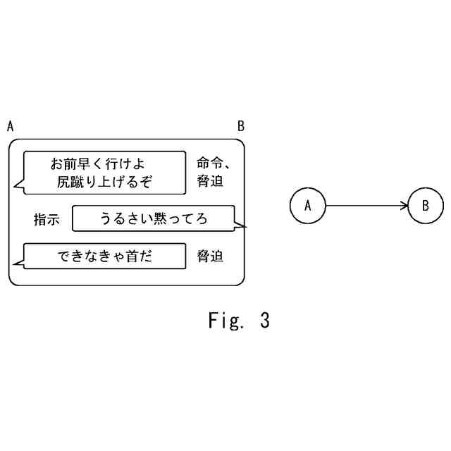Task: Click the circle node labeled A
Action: point(307,206)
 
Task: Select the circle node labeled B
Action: point(426,206)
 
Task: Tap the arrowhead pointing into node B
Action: point(404,206)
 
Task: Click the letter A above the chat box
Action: point(10,126)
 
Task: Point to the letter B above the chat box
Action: point(240,126)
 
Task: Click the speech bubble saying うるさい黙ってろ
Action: point(154,218)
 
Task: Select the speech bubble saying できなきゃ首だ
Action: point(104,257)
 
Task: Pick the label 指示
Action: point(47,219)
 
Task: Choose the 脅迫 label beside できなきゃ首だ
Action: point(210,257)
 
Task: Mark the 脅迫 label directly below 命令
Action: point(210,181)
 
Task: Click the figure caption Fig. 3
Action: point(238,321)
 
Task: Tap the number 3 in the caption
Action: point(264,321)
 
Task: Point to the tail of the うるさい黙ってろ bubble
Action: point(243,226)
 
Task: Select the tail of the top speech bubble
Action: point(18,187)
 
